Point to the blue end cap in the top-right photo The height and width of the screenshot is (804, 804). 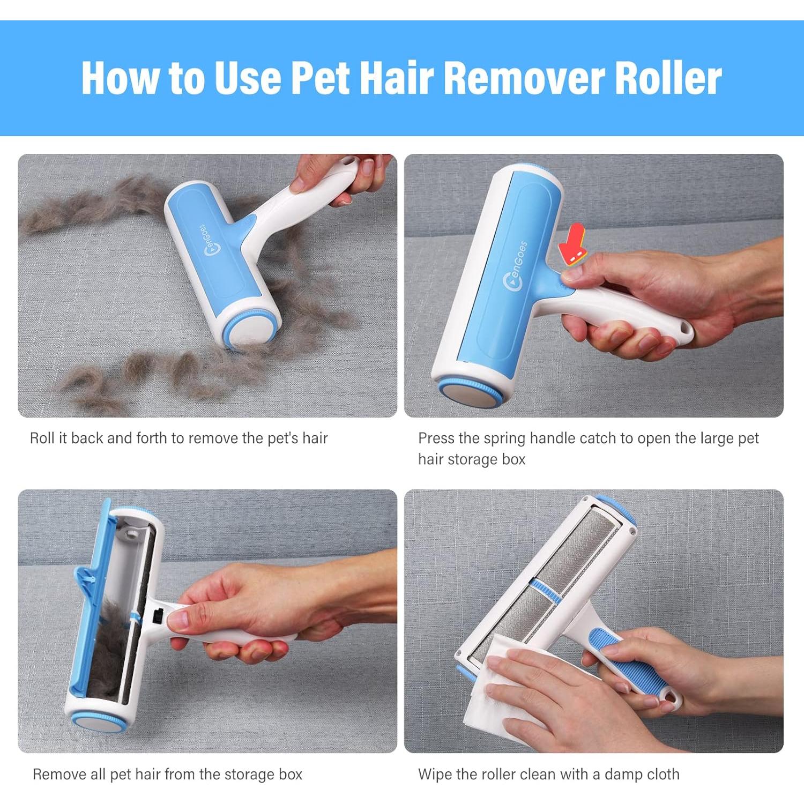pyautogui.click(x=471, y=397)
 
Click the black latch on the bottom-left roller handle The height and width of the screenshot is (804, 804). pyautogui.click(x=158, y=617)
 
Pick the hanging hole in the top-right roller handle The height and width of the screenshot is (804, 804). pyautogui.click(x=683, y=327)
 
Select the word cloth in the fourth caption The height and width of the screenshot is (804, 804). pyautogui.click(x=663, y=775)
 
